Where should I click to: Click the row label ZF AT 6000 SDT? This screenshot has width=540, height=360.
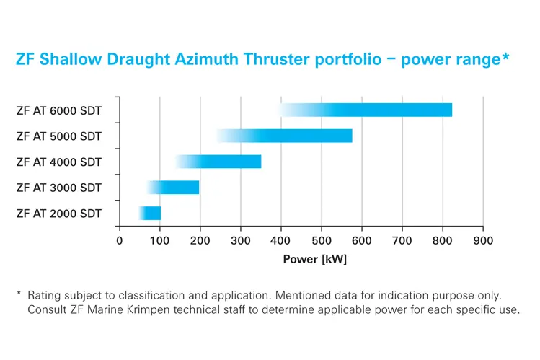tap(59, 110)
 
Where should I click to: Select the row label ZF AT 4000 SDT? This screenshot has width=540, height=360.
tap(59, 162)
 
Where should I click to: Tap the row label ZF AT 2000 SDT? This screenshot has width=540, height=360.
tap(59, 214)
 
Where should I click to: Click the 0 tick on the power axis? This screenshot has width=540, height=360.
tap(120, 241)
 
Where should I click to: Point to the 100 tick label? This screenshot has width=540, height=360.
tap(160, 241)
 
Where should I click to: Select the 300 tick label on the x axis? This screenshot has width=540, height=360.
tap(241, 241)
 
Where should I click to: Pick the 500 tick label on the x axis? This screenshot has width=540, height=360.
tap(322, 241)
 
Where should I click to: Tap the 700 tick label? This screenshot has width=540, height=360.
tap(402, 241)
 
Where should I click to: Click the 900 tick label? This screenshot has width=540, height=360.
tap(483, 241)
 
